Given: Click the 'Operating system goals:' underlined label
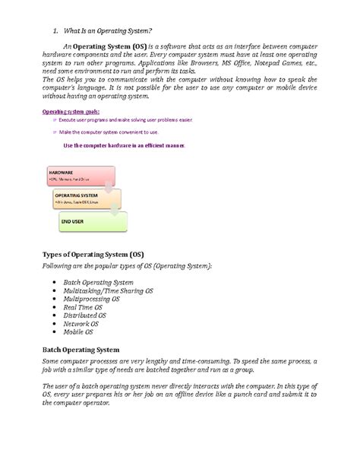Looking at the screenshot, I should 69,112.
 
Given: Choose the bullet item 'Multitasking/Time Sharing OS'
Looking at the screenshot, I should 108,290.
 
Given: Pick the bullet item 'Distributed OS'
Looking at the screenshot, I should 84,315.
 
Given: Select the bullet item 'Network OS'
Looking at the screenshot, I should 81,324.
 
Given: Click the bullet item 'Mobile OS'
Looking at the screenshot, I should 78,332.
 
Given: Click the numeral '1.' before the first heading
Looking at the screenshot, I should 55,30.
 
